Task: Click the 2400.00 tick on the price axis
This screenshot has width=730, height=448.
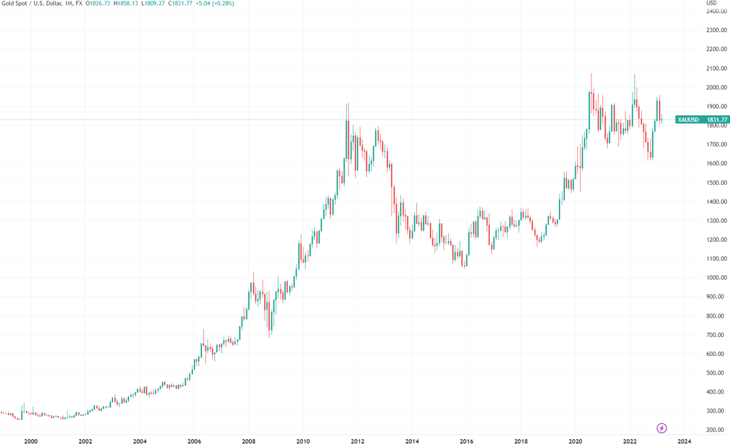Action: click(x=715, y=12)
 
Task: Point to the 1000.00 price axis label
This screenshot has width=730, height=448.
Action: click(x=715, y=278)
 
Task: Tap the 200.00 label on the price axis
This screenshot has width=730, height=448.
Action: click(x=715, y=430)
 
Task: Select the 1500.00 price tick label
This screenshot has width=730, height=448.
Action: click(x=715, y=183)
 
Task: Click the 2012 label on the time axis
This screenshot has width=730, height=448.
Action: click(x=357, y=441)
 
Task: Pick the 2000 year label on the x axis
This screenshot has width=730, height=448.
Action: click(x=31, y=441)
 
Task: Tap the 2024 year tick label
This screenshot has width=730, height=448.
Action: click(x=684, y=441)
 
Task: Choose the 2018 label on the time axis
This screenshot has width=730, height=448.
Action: click(x=521, y=441)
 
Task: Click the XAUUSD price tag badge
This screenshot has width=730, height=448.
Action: click(x=686, y=119)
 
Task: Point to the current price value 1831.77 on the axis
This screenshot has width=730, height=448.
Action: click(x=717, y=119)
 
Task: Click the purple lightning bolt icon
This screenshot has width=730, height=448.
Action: click(x=661, y=428)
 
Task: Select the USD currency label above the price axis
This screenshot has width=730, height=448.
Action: click(x=712, y=3)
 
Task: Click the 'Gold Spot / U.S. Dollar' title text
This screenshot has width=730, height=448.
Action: click(x=34, y=4)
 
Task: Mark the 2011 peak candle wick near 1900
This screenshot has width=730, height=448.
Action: click(x=349, y=104)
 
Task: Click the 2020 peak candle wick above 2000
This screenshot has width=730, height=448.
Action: click(x=592, y=75)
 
